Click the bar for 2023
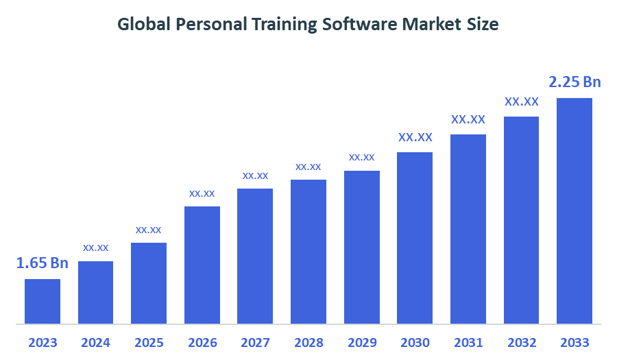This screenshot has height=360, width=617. pos(43,301)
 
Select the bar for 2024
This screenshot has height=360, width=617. pos(95,292)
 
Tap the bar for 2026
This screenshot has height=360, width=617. pos(202,265)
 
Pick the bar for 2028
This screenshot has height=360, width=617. pos(308,252)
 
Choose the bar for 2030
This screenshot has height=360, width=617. pos(415,238)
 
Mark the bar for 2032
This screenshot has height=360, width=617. pos(522,220)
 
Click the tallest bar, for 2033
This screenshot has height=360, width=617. pos(574,211)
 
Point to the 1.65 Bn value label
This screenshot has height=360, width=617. pos(43,263)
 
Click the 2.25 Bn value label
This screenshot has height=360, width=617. pos(574,82)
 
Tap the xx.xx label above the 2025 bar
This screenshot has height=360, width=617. pos(149,230)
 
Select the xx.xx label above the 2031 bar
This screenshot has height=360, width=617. pos(468,119)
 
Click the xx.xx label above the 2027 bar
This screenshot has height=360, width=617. pos(255,176)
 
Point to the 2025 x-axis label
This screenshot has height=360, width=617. pos(149,342)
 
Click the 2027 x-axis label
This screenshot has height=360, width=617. pos(255,342)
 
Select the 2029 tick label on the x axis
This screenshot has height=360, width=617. pos(362,342)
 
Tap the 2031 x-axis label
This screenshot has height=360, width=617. pos(468,342)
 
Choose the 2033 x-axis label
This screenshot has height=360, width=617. pos(574,342)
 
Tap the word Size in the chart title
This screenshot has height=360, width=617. pos(483,25)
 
